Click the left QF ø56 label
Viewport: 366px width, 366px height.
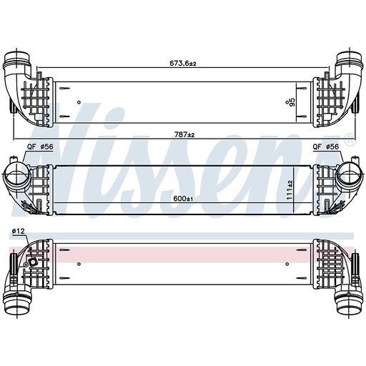click(x=40, y=147)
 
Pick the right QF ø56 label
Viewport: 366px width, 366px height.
click(x=327, y=147)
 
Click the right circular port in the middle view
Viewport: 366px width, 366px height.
click(x=350, y=173)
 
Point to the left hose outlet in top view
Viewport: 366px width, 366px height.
click(x=18, y=62)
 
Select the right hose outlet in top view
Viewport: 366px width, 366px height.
click(x=348, y=62)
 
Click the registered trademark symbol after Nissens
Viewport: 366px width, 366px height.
click(x=348, y=142)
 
